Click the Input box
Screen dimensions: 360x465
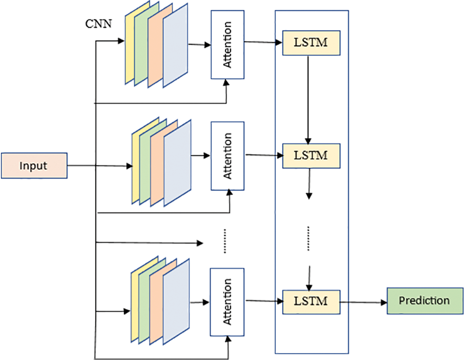(x=34, y=165)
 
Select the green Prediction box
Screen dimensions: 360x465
(x=425, y=301)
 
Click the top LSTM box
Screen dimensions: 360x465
(x=311, y=43)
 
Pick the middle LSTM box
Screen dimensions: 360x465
(x=311, y=155)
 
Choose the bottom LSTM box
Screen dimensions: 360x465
(x=311, y=301)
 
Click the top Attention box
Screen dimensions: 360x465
(x=227, y=44)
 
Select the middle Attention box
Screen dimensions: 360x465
(x=227, y=156)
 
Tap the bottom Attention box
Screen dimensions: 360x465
(x=227, y=302)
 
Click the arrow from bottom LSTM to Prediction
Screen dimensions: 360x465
(x=364, y=302)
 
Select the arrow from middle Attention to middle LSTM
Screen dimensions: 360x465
(x=264, y=155)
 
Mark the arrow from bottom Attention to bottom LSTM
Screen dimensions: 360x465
(x=264, y=301)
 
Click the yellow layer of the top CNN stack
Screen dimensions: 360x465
(x=130, y=46)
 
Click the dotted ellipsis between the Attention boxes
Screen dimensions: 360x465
(x=224, y=241)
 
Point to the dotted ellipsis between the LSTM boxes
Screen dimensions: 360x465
(x=309, y=238)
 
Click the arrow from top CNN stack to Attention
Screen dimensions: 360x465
(x=199, y=45)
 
